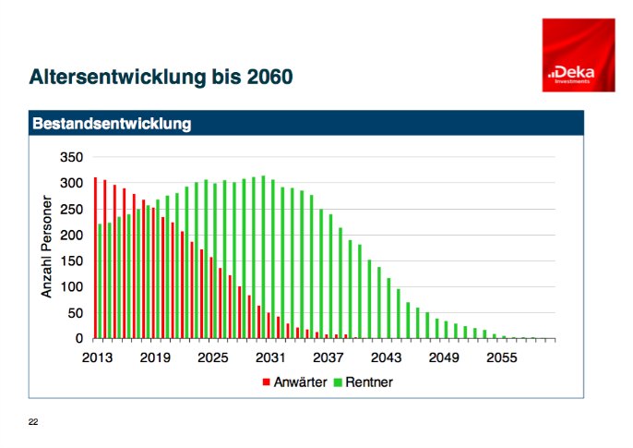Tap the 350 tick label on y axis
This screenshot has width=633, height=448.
(71, 157)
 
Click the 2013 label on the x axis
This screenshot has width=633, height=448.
(97, 357)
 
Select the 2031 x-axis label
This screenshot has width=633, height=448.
(269, 357)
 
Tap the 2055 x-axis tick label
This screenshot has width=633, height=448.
(500, 357)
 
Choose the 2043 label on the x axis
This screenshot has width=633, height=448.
(385, 357)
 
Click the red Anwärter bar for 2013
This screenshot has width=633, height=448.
(95, 259)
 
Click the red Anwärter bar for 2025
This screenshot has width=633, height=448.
(210, 298)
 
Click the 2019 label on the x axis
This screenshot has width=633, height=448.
(154, 357)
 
